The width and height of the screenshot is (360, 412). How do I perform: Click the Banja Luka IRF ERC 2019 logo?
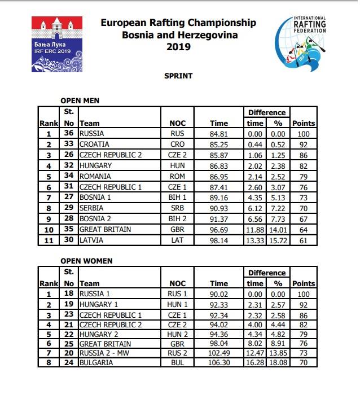tap(54, 44)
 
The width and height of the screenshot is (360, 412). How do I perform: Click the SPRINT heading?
tap(178, 76)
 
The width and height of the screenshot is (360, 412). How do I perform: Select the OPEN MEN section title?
tap(80, 100)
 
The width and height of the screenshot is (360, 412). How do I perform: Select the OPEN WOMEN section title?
tap(86, 261)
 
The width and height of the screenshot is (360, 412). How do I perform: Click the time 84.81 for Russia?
tap(219, 134)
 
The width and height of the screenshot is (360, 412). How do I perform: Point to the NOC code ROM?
tap(177, 177)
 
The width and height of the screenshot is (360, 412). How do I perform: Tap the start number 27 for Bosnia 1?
tap(69, 198)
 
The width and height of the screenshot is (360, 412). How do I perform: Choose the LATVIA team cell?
tap(91, 240)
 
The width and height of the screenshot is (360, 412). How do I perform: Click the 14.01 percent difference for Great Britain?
tap(277, 230)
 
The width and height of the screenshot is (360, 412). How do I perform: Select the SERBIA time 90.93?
tap(219, 209)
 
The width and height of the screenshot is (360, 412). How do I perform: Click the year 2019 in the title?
tap(178, 47)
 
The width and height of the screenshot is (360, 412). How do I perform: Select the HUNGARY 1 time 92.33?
tap(219, 305)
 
